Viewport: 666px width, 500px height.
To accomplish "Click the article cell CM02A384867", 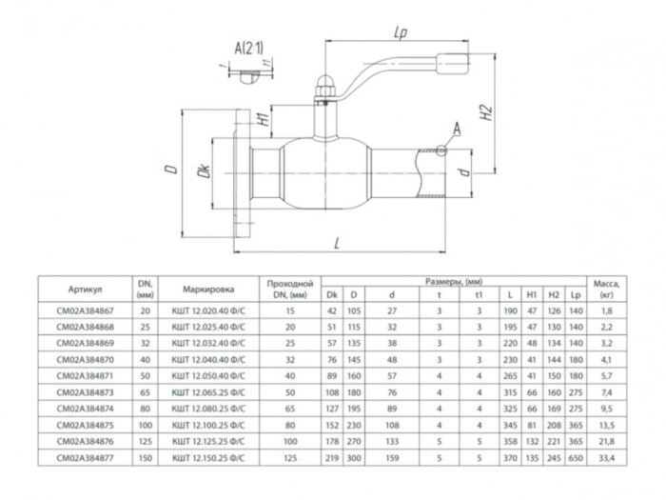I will click(86, 310).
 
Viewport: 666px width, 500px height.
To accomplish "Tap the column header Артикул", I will click(86, 289).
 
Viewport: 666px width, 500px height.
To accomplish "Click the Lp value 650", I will click(575, 458).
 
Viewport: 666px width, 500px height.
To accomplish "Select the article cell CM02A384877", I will click(86, 458).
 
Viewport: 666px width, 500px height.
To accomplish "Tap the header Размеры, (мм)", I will click(454, 282).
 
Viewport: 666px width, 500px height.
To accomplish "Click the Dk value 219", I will click(332, 458).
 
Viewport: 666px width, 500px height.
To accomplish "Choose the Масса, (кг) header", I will click(606, 289).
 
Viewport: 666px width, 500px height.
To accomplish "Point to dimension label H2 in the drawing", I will click(485, 115).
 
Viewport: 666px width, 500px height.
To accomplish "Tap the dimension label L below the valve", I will click(337, 244).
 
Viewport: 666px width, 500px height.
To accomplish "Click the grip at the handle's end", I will click(452, 66).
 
